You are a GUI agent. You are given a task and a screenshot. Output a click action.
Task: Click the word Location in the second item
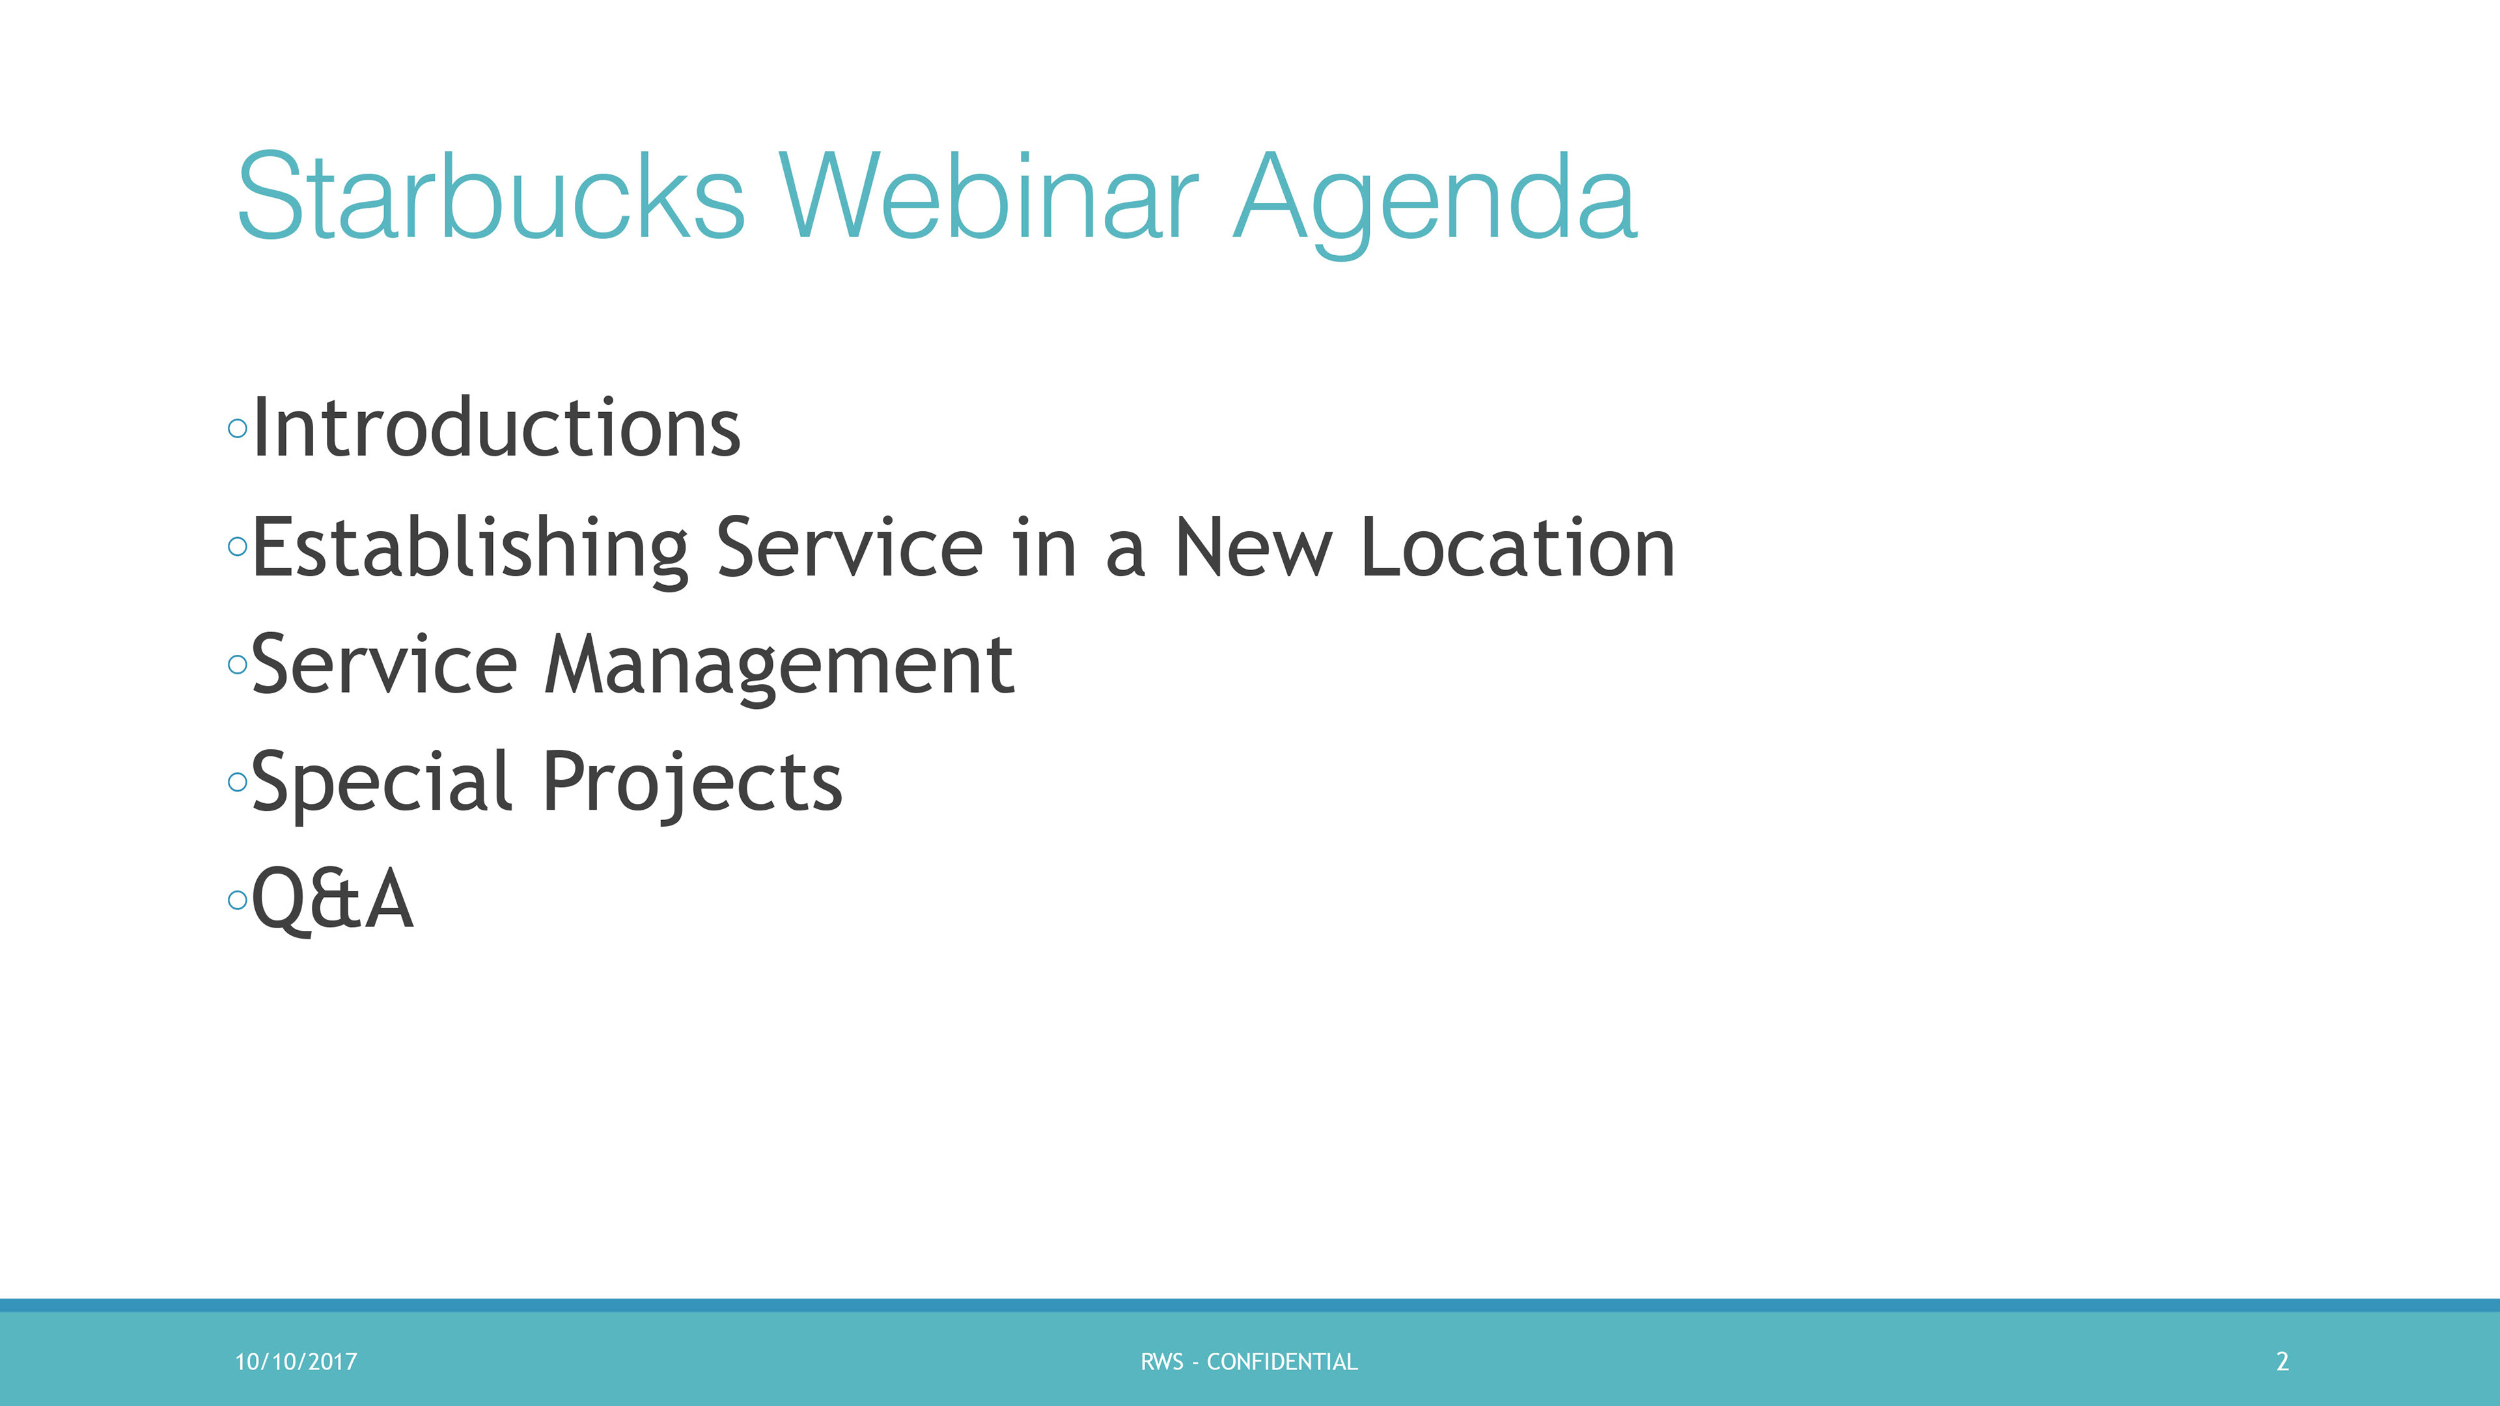point(1519,547)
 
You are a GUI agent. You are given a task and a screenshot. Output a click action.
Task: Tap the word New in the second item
point(1253,547)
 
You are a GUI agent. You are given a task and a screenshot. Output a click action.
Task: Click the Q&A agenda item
point(333,900)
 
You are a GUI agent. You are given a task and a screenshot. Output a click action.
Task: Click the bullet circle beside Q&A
point(238,900)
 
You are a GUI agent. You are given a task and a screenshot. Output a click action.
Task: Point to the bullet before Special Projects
point(238,782)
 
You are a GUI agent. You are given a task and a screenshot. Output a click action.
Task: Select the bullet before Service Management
point(238,665)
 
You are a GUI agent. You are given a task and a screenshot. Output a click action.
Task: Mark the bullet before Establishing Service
point(238,546)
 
